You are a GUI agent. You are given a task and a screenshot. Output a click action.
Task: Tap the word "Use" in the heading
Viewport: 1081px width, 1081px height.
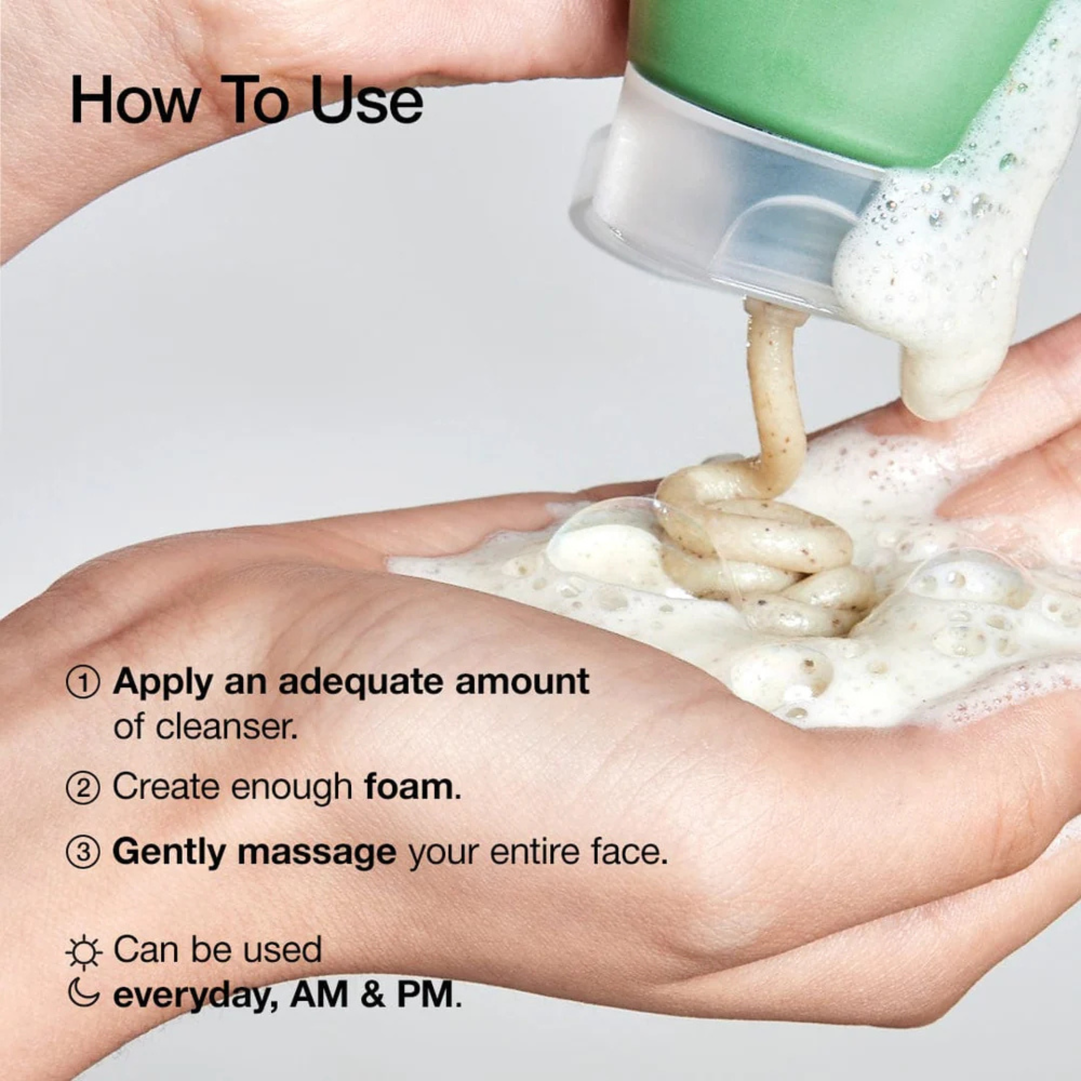coord(366,101)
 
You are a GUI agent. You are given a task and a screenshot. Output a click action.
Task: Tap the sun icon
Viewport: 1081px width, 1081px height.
coord(83,953)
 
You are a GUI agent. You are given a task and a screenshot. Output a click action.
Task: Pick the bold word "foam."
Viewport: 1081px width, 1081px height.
coord(412,787)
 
